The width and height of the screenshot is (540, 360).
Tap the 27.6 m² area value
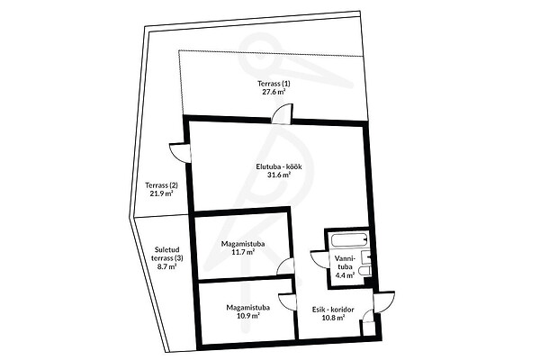point(274,92)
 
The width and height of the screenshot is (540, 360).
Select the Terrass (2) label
point(161,185)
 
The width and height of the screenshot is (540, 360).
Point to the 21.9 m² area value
point(161,193)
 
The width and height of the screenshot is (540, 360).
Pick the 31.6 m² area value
point(279,175)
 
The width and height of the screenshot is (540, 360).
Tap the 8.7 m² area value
point(167,266)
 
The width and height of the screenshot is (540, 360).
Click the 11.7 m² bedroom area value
point(243,252)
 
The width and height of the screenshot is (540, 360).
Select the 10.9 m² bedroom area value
point(248,316)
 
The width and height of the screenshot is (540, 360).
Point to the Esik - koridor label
point(333,310)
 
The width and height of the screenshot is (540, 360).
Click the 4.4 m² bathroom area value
point(345,275)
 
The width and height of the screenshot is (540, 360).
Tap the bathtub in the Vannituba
point(349,240)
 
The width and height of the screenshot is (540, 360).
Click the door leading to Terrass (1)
point(282,113)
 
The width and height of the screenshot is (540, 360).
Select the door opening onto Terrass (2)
point(179,153)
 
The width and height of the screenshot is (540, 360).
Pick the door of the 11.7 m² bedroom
point(286,266)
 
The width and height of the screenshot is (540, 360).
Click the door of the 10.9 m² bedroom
point(287,302)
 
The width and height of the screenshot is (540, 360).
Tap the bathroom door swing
point(319,259)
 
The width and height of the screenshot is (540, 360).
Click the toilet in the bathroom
point(364,270)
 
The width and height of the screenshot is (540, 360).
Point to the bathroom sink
point(365,257)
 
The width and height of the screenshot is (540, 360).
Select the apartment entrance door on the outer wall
point(383,302)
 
